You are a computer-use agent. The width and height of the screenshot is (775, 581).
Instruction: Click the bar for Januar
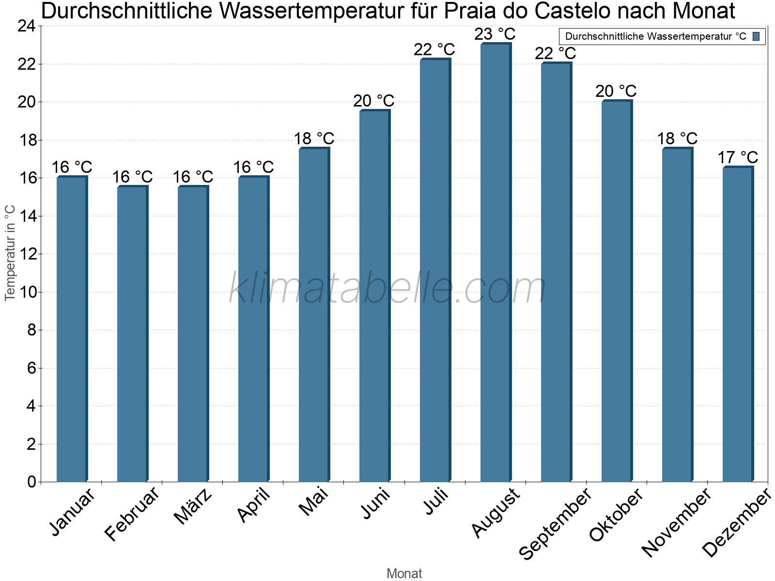tap(72, 329)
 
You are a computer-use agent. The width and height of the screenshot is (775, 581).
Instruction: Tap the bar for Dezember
tap(738, 324)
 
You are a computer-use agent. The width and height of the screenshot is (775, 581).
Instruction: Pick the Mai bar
tap(314, 315)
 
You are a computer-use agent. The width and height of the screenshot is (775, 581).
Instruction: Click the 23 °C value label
tap(495, 34)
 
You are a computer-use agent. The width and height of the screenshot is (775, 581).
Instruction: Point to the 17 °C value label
tap(737, 158)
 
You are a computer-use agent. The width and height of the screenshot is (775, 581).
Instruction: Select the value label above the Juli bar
tap(434, 49)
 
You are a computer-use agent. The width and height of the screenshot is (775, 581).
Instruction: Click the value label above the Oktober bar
tap(616, 91)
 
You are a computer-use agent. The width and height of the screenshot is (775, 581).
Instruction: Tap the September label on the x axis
tap(555, 523)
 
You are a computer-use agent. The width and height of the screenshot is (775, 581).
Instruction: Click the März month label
tap(193, 506)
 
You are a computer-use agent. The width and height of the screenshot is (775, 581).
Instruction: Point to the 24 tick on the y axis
tap(27, 26)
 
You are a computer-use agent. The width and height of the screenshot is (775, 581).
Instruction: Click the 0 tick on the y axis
tap(32, 482)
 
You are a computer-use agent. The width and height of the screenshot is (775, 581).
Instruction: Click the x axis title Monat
tap(404, 573)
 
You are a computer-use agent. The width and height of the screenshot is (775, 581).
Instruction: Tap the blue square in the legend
tap(756, 36)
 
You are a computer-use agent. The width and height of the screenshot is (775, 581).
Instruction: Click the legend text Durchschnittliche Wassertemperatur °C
tap(655, 36)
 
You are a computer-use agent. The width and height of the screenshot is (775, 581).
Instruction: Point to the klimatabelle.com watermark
tap(387, 289)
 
